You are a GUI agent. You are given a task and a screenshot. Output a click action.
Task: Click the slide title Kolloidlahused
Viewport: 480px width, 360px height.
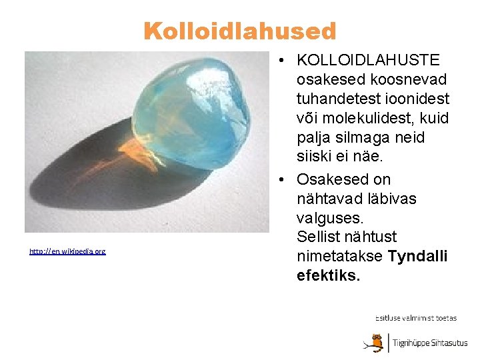pos(240,31)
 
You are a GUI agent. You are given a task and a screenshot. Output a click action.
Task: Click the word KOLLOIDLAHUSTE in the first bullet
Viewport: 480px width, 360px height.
pos(369,61)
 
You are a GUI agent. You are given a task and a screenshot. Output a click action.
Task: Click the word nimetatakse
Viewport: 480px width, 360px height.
pos(340,256)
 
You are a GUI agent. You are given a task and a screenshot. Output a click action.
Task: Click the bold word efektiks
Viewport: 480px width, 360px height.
pos(328,275)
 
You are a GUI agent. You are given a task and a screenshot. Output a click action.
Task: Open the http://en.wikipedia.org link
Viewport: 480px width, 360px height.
pos(67,251)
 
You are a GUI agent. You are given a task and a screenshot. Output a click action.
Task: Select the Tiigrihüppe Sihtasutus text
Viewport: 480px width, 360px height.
pos(430,343)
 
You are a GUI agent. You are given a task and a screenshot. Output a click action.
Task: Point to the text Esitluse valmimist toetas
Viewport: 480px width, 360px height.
pos(416,318)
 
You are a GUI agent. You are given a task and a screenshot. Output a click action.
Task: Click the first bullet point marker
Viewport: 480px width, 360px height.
pos(284,61)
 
